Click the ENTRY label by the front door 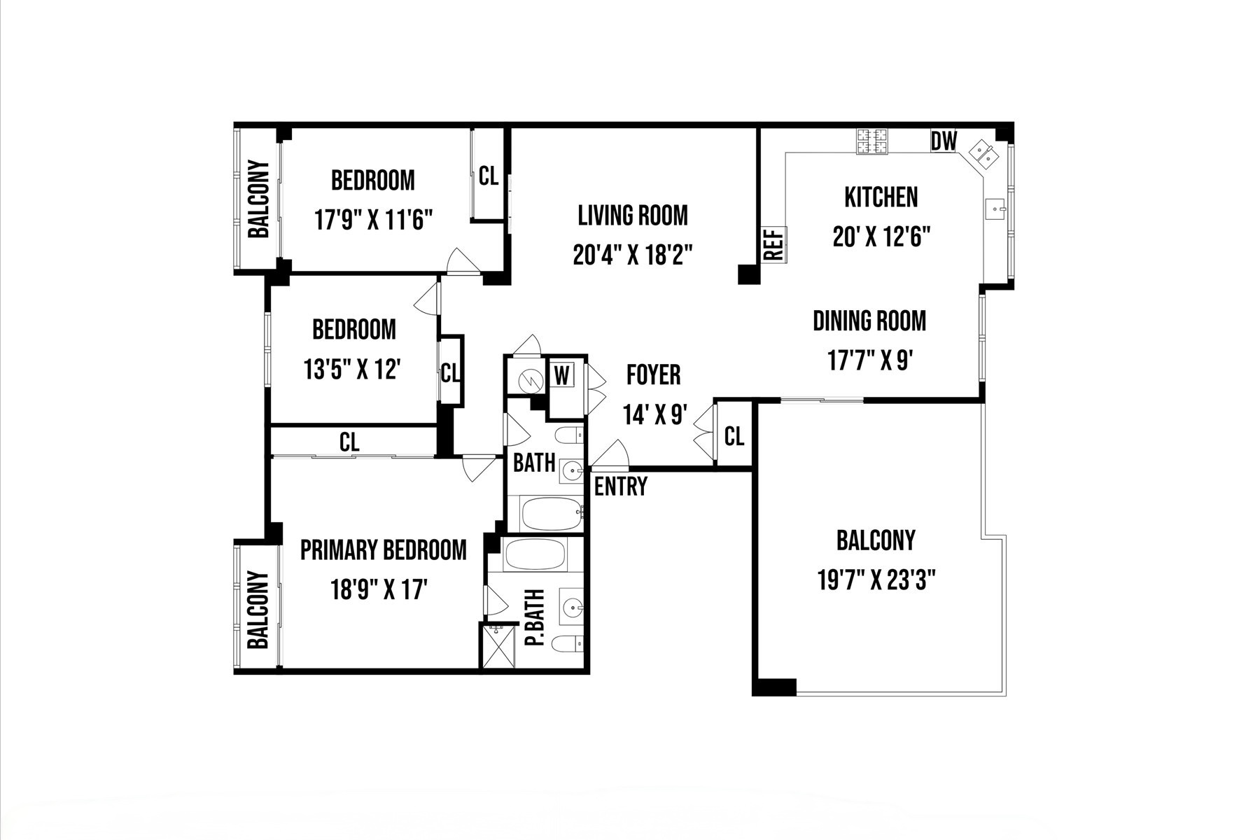620,486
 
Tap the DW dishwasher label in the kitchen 944,141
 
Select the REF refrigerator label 773,244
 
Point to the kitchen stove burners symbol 871,142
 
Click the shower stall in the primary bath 498,645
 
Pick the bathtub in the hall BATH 552,514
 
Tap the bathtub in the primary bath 535,555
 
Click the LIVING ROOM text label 633,216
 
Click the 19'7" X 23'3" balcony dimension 876,580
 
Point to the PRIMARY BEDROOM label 384,550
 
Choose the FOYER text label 653,375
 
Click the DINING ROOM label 869,321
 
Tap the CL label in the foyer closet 734,437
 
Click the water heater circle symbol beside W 531,381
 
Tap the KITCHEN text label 881,197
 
